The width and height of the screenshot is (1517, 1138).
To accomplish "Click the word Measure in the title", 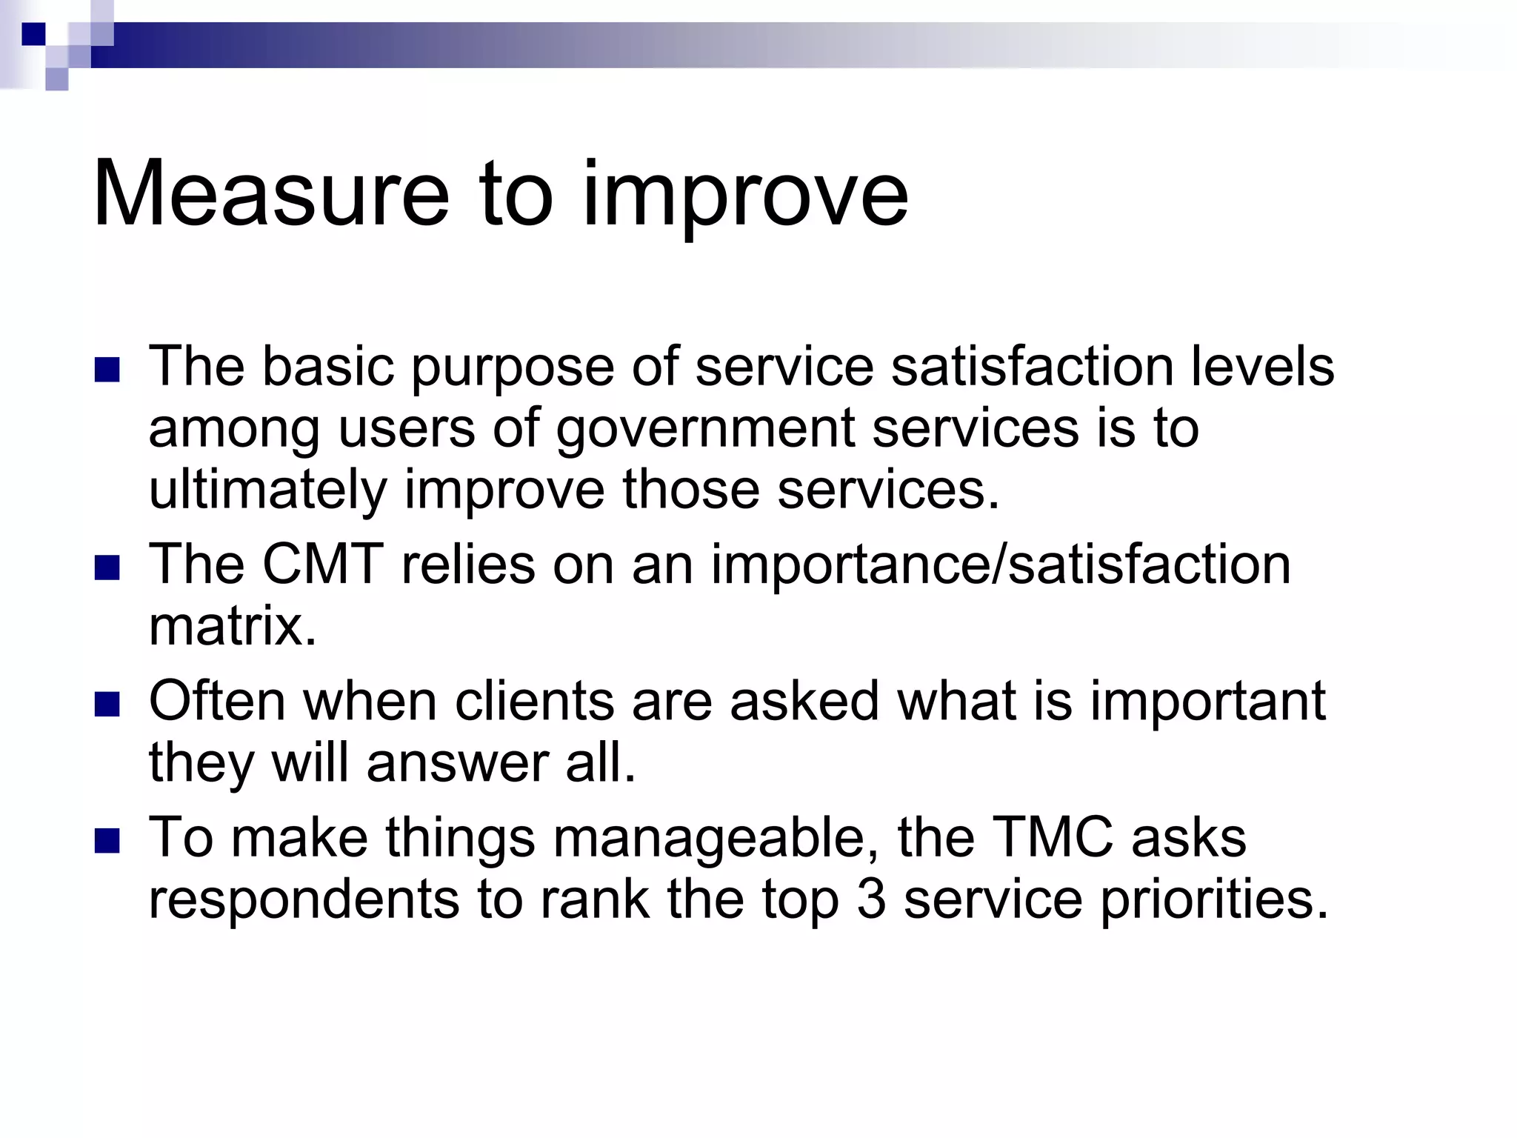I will pyautogui.click(x=271, y=194).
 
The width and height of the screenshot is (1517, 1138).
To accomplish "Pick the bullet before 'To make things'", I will pyautogui.click(x=107, y=841).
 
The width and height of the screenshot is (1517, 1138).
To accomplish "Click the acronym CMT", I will pyautogui.click(x=323, y=565).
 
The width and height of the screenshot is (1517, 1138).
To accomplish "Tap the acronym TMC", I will pyautogui.click(x=1052, y=838).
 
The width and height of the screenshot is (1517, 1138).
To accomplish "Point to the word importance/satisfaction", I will pyautogui.click(x=1001, y=565).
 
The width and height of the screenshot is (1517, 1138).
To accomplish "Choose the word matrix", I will pyautogui.click(x=233, y=627).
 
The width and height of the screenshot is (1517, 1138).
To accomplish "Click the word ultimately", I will pyautogui.click(x=267, y=491).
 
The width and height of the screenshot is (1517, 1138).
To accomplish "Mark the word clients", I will pyautogui.click(x=533, y=701).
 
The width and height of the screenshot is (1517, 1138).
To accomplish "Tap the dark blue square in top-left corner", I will pyautogui.click(x=33, y=34).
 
